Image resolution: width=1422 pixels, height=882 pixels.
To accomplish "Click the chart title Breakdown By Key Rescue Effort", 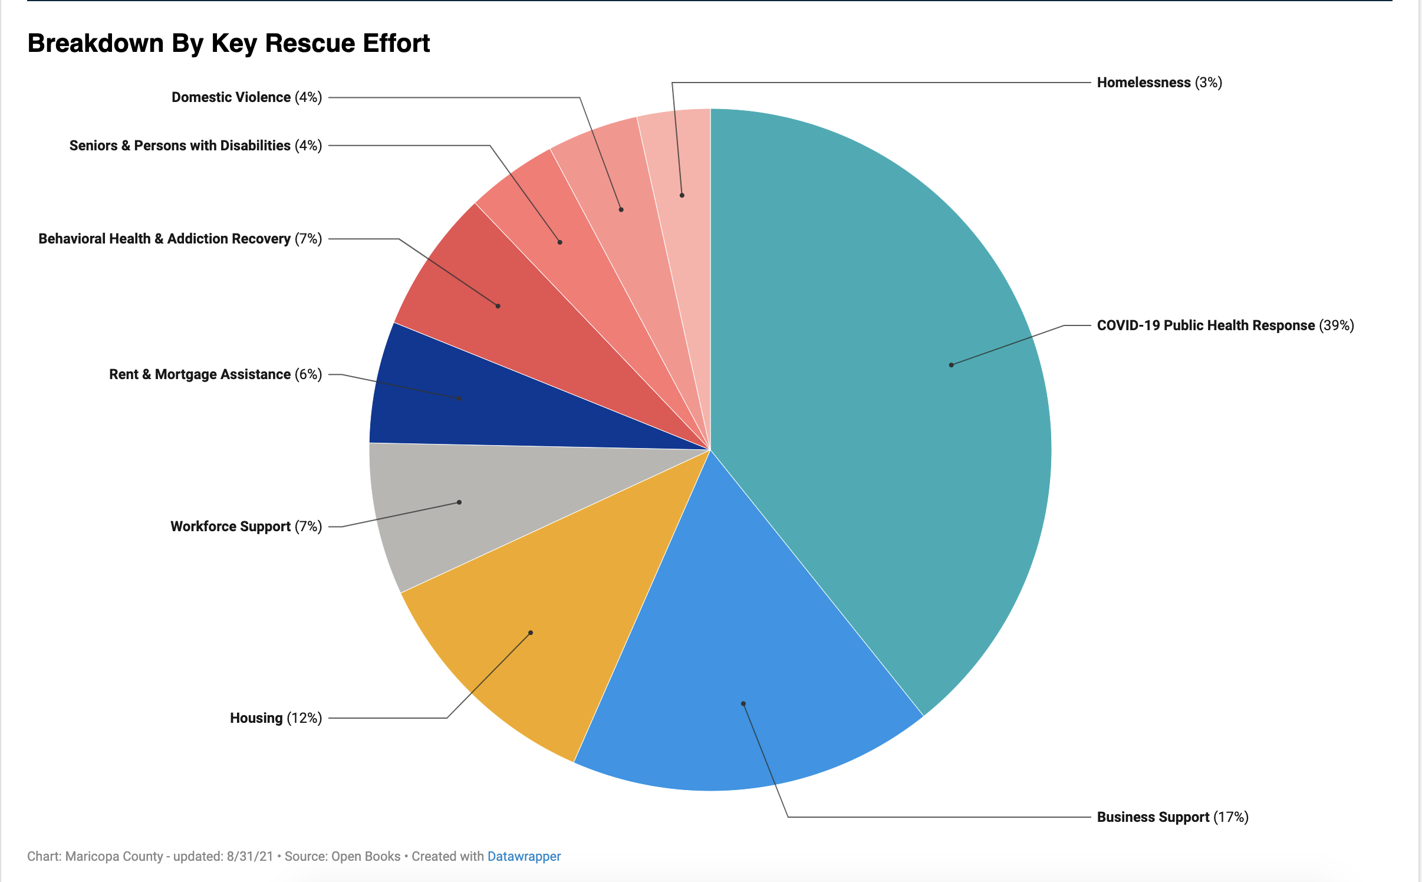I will tap(229, 44).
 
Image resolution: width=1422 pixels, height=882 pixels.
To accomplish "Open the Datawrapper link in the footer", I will tap(524, 856).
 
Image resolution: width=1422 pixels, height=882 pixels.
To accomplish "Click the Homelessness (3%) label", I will tap(1159, 83).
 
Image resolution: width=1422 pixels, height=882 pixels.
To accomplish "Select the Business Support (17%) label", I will tap(1172, 817).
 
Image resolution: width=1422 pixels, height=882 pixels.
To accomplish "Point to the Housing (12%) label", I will tap(275, 718).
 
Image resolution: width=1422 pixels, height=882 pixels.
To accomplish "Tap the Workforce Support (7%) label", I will tap(246, 526).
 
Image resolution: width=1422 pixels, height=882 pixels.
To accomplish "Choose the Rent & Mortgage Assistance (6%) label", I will tap(215, 374).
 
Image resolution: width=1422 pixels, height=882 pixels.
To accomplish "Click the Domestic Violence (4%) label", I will tap(246, 97).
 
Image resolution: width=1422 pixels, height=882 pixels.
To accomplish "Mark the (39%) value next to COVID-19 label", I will tap(1337, 325).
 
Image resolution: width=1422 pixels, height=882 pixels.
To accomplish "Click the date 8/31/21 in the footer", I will tap(250, 856).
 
